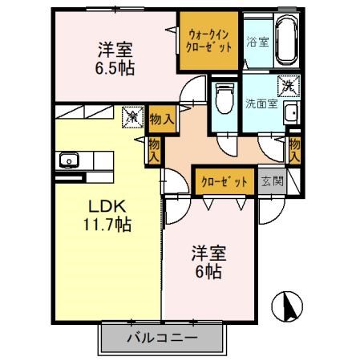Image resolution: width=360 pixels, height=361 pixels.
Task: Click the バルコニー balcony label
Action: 160,339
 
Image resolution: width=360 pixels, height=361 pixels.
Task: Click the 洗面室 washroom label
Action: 261,103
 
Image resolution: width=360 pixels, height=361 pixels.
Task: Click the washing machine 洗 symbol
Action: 287,84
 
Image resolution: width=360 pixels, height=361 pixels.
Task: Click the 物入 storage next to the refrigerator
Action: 160,118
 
